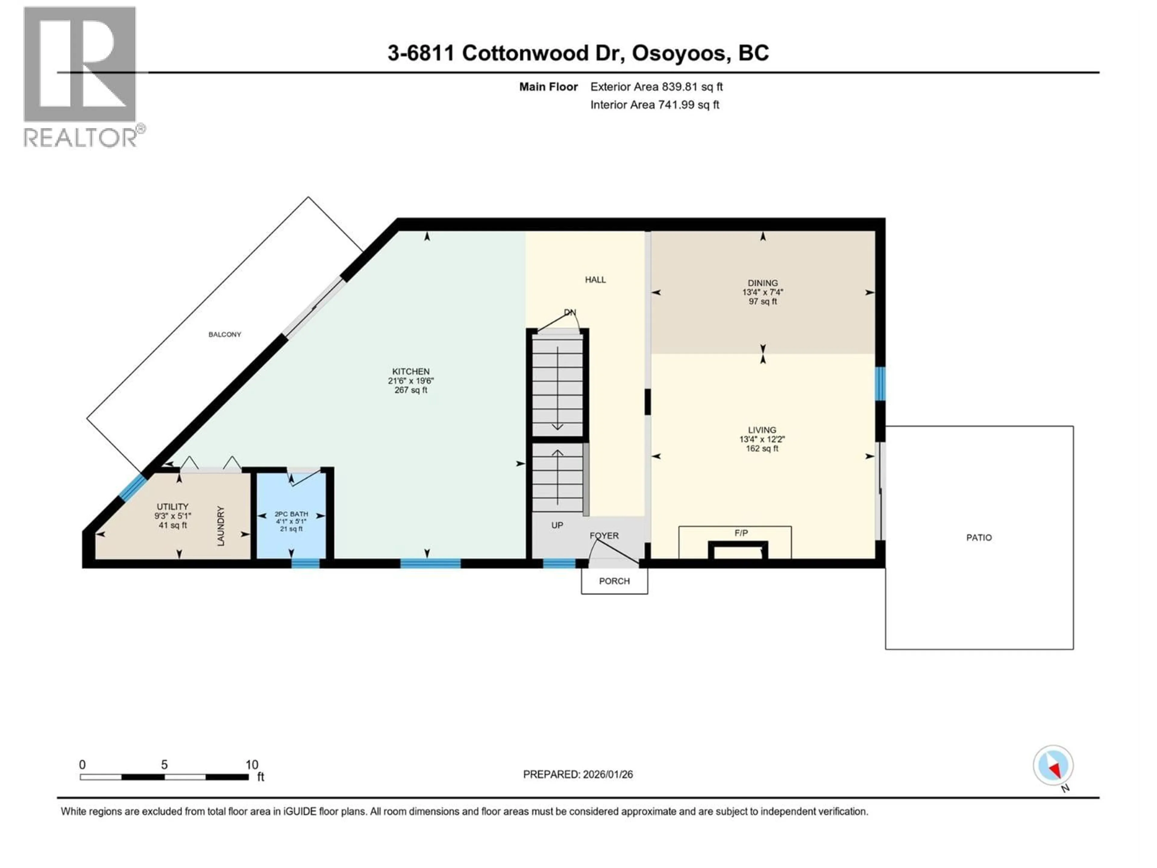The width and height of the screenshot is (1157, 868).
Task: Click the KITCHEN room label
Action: coord(411,372)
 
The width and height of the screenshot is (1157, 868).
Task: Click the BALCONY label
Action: coord(224,334)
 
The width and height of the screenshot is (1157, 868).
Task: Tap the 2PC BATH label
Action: coord(291,514)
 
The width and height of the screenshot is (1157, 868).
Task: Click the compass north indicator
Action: coord(1053,766)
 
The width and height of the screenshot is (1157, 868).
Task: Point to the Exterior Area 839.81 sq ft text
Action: coord(657,87)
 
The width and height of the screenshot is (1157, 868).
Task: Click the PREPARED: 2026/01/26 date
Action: coord(578,774)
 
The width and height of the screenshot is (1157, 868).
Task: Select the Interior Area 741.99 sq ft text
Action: coord(654,105)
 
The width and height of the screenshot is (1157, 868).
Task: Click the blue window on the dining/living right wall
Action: coord(880,383)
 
